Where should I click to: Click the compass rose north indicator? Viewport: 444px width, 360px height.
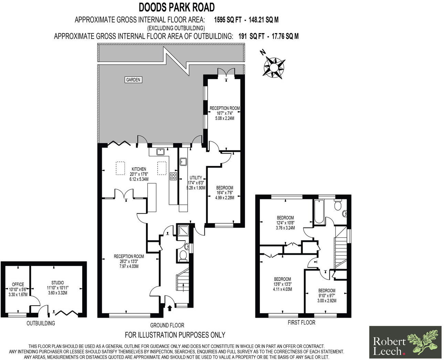coord(274,65)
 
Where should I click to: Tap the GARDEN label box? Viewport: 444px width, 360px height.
coord(133,80)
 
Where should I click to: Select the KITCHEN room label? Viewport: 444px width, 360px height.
coord(139,169)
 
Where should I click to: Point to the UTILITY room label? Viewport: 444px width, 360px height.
coord(196,178)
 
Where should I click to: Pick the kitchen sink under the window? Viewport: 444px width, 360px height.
coord(160,152)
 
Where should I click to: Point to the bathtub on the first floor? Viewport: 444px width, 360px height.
coord(318,212)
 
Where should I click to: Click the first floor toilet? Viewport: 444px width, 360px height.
coord(338,205)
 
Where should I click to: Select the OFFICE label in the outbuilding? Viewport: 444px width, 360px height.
coord(18,284)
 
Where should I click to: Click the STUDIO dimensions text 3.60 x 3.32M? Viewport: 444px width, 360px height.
coord(57,293)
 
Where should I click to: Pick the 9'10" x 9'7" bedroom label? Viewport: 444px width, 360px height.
coord(327,295)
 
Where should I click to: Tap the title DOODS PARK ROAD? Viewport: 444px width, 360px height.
coord(177,7)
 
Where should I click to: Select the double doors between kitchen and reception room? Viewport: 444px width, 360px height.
coord(125,194)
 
